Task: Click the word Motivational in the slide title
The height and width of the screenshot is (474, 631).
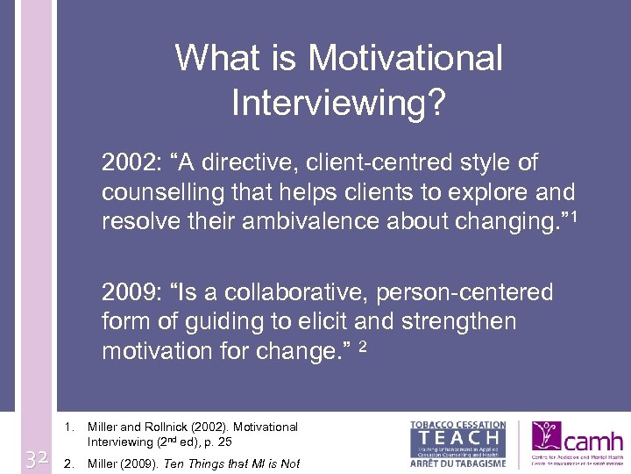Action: pos(405,59)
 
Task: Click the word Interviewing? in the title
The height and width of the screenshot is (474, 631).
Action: pos(339,102)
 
